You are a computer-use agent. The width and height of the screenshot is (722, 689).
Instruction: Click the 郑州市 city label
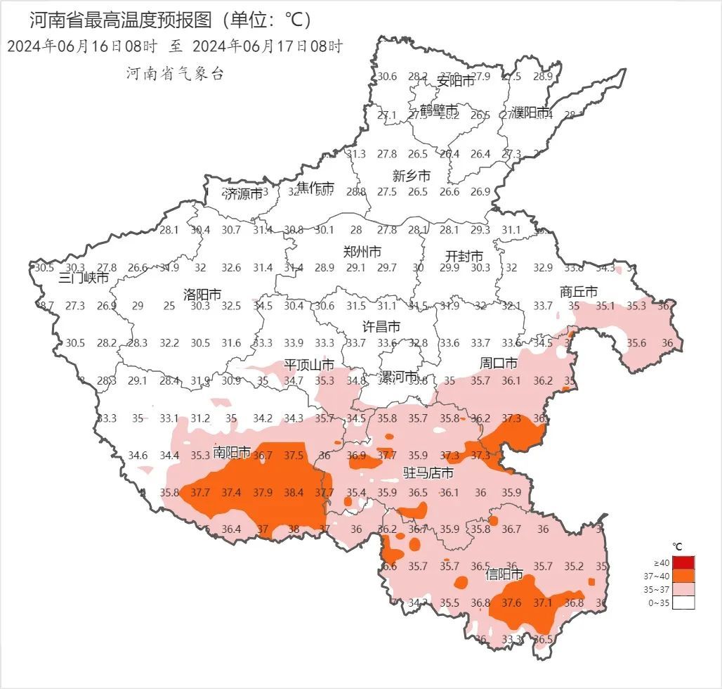[362, 252]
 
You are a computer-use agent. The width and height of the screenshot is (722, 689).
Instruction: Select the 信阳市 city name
[505, 574]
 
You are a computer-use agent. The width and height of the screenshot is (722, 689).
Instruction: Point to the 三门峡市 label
[84, 278]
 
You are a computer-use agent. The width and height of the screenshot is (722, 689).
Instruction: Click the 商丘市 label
[579, 291]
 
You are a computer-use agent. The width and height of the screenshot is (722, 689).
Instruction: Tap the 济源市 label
[243, 194]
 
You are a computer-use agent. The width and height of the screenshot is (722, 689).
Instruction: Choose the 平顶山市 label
[308, 365]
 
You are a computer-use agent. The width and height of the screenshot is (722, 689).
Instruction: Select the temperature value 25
[169, 306]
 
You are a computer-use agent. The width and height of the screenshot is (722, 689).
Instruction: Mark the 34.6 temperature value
[138, 456]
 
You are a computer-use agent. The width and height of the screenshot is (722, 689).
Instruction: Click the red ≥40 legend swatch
[683, 562]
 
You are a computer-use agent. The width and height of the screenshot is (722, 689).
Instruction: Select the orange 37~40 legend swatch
[683, 576]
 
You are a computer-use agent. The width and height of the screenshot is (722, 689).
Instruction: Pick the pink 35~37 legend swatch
[683, 589]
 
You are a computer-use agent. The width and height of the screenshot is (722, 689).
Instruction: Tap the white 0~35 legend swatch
[683, 603]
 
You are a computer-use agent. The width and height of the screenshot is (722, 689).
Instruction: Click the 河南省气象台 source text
[175, 74]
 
